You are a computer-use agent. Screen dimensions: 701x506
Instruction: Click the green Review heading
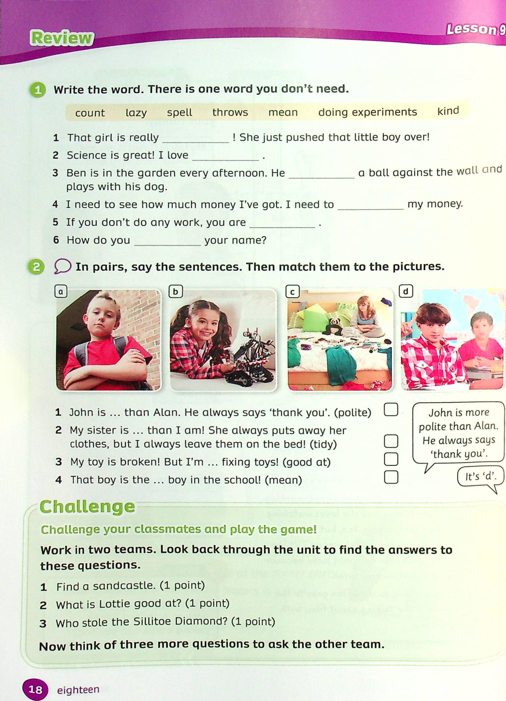[x=62, y=39]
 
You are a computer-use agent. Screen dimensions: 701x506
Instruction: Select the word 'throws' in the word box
[x=230, y=112]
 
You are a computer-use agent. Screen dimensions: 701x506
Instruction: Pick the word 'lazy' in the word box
[x=136, y=113]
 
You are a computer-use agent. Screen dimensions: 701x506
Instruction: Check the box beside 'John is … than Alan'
[x=390, y=410]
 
